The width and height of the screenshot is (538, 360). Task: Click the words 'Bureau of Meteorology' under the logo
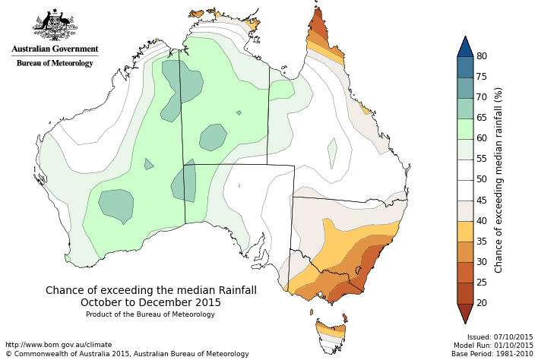(x=55, y=63)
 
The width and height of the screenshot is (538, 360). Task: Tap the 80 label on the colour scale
(x=482, y=56)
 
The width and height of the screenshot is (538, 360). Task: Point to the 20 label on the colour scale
(x=482, y=302)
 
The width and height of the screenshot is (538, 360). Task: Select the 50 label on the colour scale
(x=482, y=179)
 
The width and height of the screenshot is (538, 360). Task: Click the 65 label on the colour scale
(x=482, y=118)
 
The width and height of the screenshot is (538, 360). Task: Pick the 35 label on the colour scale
(x=482, y=241)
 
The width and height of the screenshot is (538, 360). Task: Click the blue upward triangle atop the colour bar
(x=466, y=46)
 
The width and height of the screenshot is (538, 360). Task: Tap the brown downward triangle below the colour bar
(x=466, y=313)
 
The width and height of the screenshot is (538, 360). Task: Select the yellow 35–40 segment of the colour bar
(x=466, y=231)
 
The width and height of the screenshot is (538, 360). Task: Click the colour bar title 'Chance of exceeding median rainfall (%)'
(x=498, y=179)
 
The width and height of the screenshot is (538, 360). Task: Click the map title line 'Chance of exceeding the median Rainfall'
(x=151, y=290)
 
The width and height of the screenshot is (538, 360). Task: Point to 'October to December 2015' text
(x=150, y=302)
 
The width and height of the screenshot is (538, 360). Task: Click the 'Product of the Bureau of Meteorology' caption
(x=150, y=314)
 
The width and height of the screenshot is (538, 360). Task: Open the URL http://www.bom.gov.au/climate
(x=59, y=344)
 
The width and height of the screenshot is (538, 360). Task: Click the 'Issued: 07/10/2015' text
(x=500, y=336)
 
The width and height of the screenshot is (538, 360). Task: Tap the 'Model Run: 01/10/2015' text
(x=494, y=345)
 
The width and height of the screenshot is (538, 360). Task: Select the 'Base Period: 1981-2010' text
(x=492, y=353)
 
